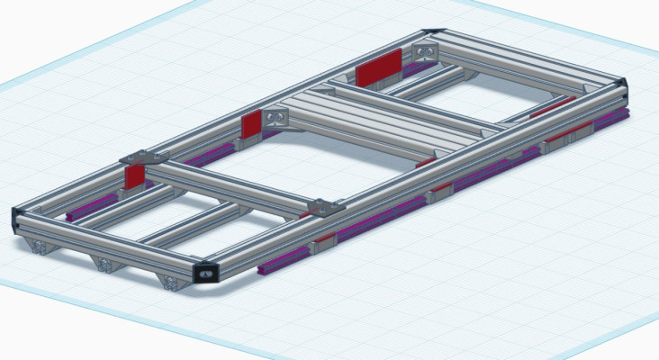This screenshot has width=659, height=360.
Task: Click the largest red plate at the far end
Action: tap(379, 67)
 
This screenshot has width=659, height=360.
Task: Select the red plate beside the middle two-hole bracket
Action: tap(252, 125)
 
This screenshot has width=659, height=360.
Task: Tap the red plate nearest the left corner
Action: tap(134, 175)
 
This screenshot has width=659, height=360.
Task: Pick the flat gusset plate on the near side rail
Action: tap(326, 208)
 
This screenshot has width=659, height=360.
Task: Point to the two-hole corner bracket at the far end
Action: tap(425, 49)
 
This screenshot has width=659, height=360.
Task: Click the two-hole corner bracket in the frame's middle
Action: tap(275, 116)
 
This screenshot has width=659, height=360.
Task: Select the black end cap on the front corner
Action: tap(206, 272)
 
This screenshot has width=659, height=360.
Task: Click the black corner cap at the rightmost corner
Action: tap(623, 86)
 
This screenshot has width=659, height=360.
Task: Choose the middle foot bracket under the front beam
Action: tap(106, 264)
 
